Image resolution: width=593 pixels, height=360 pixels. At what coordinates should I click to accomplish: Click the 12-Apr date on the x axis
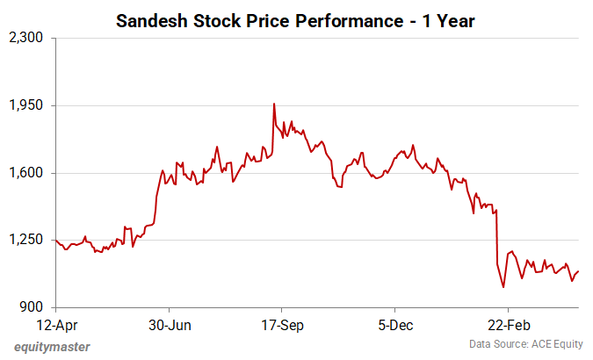coord(55,324)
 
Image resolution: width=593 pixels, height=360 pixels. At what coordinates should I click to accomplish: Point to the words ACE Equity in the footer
coord(554,343)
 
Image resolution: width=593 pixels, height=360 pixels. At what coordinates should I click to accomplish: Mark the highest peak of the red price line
coord(274,104)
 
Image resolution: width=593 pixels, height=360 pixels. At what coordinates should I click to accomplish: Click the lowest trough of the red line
coord(503,287)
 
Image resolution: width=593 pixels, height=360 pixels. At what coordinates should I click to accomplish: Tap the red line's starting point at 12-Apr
coord(55,240)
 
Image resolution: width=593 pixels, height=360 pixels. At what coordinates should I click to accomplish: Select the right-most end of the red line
coord(579,271)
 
